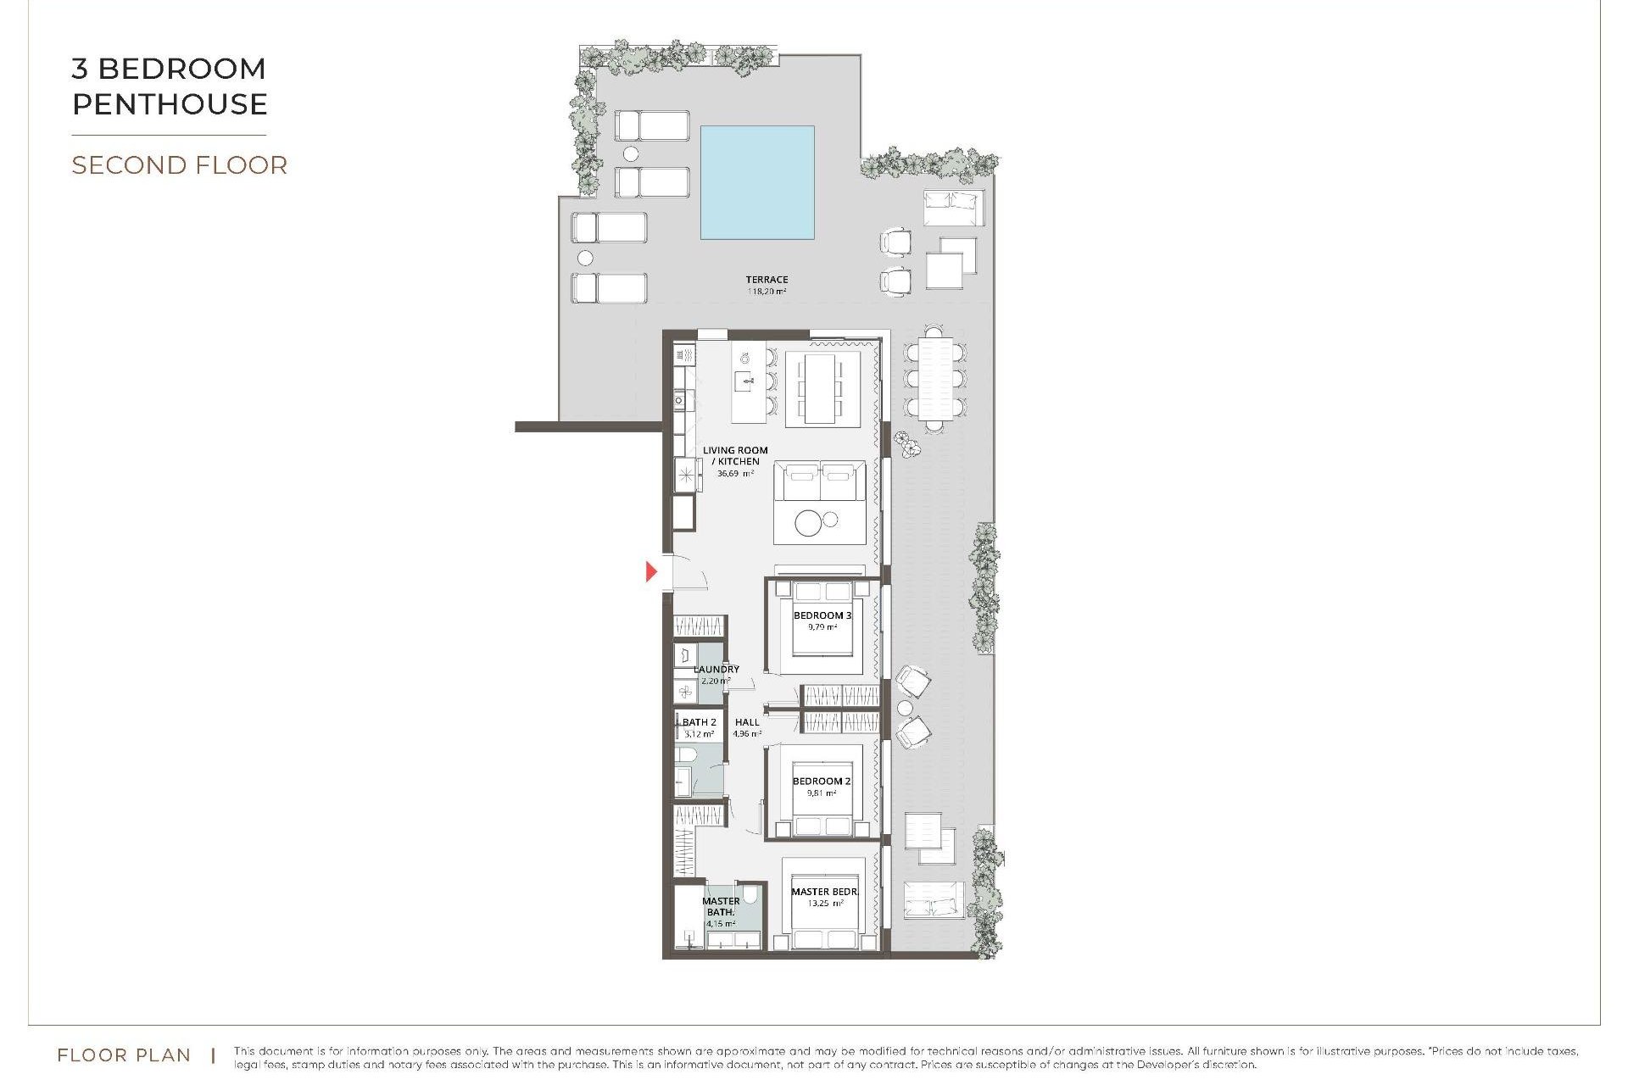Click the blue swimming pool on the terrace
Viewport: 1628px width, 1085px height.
(x=757, y=182)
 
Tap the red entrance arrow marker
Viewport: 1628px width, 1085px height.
(x=651, y=571)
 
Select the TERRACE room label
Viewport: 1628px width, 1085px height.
(x=767, y=280)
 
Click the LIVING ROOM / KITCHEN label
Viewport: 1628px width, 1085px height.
(x=735, y=456)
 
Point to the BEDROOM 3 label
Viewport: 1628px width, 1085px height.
(x=822, y=615)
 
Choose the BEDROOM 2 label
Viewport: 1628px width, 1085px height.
(x=822, y=782)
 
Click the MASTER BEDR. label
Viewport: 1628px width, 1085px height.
(x=824, y=892)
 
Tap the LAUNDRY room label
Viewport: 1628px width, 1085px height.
(x=716, y=670)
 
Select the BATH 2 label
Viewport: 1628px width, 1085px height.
(x=700, y=722)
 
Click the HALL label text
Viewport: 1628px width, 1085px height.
(x=747, y=722)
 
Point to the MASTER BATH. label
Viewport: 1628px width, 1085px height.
(x=721, y=906)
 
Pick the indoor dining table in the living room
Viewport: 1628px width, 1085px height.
(x=821, y=388)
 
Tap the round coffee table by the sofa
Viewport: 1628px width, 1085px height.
(x=809, y=523)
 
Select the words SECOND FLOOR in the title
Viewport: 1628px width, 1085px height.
(x=179, y=165)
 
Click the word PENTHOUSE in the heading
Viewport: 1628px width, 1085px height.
(x=170, y=104)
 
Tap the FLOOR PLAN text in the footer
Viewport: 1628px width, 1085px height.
(x=124, y=1055)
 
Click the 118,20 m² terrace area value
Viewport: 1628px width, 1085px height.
(x=767, y=292)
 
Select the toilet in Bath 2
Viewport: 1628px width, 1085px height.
(x=687, y=754)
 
